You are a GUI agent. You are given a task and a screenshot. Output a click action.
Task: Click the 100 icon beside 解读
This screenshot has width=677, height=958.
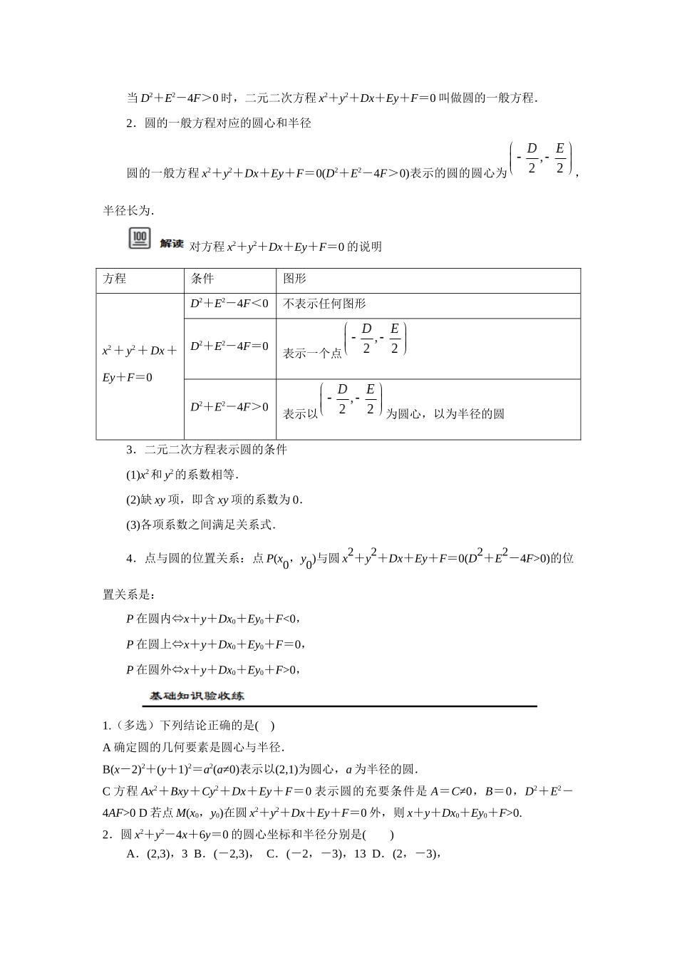(140, 239)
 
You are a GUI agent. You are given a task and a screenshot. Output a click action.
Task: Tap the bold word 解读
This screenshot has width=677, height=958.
(172, 244)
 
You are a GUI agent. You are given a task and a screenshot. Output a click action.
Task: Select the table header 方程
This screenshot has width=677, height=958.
(115, 279)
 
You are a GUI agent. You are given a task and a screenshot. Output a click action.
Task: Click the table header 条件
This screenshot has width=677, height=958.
(202, 279)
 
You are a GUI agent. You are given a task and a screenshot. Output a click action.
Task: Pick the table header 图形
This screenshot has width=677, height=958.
(294, 279)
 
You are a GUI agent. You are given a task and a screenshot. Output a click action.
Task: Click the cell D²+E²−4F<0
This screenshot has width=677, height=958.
(229, 304)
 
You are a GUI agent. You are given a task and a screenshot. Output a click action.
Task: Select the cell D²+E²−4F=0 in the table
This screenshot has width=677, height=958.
(229, 346)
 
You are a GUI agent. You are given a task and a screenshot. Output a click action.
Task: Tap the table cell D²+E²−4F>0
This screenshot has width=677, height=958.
(229, 407)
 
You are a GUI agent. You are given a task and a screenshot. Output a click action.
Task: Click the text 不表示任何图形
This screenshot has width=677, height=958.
(324, 304)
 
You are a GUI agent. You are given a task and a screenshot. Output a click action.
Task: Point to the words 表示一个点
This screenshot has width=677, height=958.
(312, 353)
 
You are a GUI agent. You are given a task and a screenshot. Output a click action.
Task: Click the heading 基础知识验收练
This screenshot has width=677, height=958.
(197, 696)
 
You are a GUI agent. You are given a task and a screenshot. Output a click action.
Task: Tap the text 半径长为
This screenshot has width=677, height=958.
(128, 210)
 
